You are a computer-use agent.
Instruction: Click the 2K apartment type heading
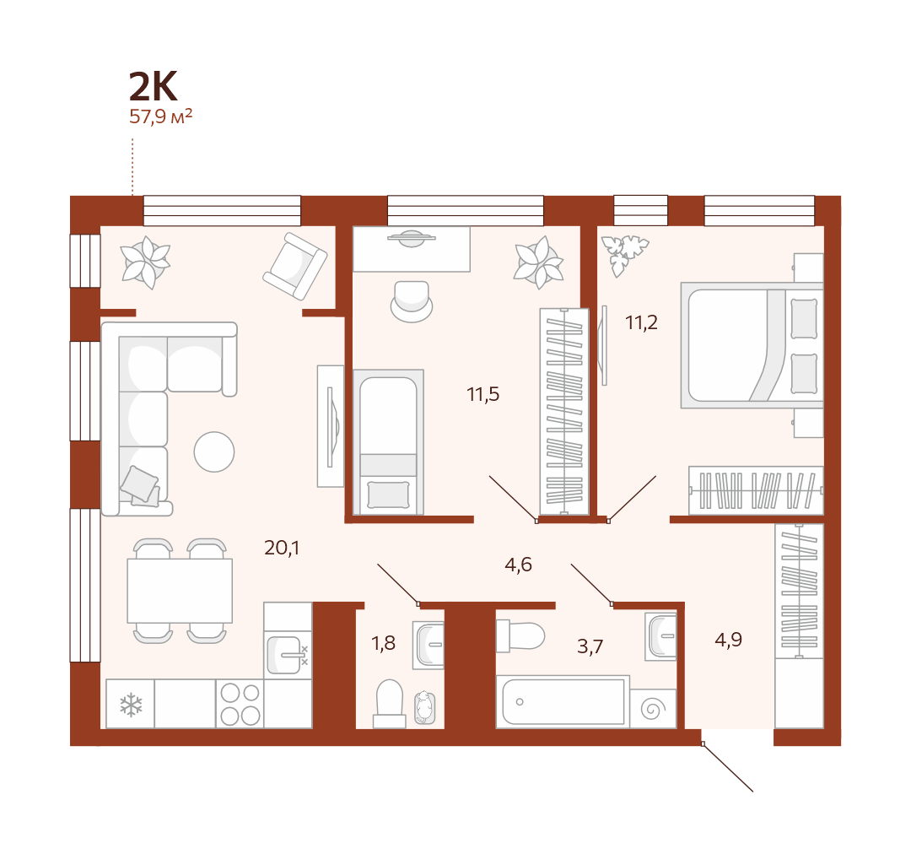coord(153,86)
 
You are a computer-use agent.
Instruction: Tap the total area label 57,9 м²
coord(160,116)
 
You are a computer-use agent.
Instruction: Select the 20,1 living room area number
coord(282,548)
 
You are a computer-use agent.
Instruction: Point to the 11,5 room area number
coord(482,394)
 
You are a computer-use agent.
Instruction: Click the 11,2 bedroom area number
coord(641,322)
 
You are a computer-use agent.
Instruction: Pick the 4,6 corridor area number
coord(518,565)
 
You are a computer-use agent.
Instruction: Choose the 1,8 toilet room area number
coord(383,643)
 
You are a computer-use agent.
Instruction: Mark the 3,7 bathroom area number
coord(590,646)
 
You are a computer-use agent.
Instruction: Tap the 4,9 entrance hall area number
coord(728,640)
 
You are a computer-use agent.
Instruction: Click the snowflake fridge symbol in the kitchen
coord(131,704)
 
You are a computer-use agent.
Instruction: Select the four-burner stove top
coord(240,704)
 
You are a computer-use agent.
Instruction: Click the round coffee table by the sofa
coord(213,451)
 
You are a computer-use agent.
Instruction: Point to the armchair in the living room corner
coord(295,266)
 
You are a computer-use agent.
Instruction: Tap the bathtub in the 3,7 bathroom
coord(563,701)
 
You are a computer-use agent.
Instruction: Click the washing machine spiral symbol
coord(653,709)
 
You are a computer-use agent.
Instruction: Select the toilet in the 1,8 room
coord(389,704)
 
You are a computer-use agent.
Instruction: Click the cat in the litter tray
coord(424,707)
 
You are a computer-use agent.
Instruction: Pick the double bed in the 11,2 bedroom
coord(752,345)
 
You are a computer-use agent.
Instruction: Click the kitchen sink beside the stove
coord(288,655)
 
